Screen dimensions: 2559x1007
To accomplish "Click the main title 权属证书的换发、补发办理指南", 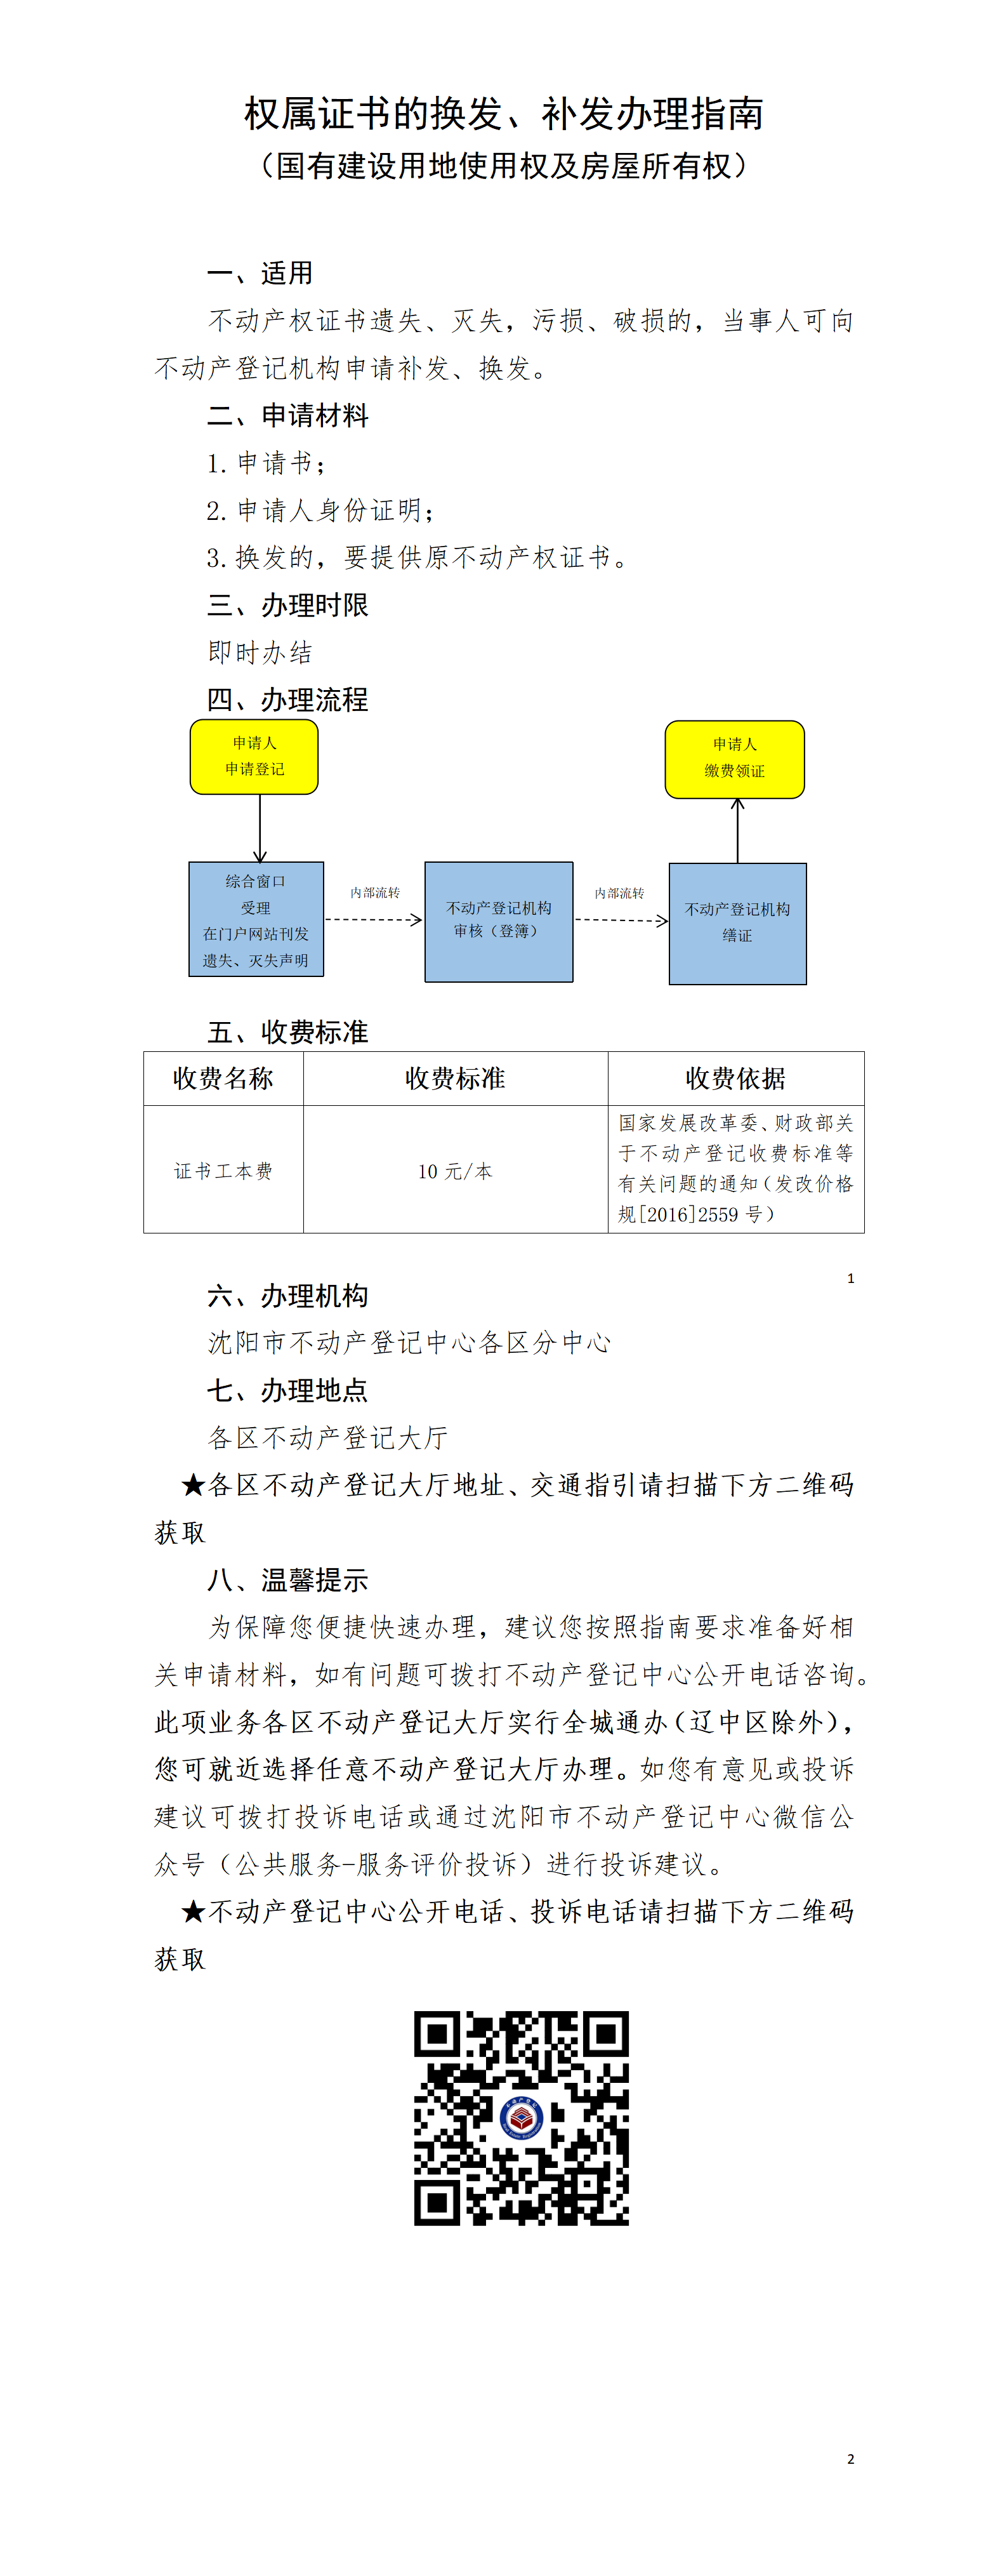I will (504, 114).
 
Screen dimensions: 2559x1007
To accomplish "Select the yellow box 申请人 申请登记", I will (254, 757).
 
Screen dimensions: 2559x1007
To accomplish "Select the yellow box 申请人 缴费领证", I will (734, 759).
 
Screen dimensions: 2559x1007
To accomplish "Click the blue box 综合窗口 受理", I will (256, 919).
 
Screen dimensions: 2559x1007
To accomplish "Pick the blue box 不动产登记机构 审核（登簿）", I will (499, 921).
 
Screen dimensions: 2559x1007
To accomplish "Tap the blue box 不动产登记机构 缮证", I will (737, 923).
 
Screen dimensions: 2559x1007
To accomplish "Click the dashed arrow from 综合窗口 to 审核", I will (373, 920).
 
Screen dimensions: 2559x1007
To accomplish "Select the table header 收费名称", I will (223, 1079).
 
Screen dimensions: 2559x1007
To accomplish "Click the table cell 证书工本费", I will (223, 1171).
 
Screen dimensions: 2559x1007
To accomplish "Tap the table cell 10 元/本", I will (455, 1171).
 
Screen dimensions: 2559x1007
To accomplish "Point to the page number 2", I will (850, 2459).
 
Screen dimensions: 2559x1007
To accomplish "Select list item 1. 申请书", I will (265, 463).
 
